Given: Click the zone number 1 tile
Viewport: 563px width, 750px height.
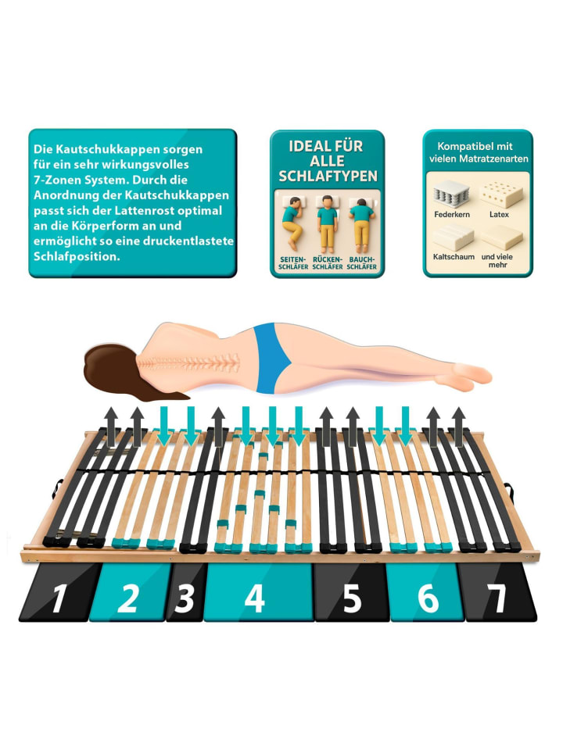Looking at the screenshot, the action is tap(59, 592).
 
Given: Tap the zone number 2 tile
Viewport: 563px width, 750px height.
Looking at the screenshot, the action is tap(129, 592).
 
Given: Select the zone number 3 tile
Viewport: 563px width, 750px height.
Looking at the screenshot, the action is tap(186, 592).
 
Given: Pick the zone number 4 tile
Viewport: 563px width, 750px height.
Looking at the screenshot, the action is tap(259, 592).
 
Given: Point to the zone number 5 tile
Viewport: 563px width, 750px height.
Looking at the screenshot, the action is tap(352, 592).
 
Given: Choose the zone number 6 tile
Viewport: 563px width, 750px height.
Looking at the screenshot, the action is tap(426, 592).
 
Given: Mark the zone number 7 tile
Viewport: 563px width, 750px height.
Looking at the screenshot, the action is tap(498, 592).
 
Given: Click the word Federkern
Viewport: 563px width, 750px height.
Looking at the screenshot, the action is tap(452, 214).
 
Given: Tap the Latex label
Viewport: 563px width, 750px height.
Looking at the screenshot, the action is tap(499, 214).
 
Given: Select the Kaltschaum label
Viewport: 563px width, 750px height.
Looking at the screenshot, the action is tap(454, 257).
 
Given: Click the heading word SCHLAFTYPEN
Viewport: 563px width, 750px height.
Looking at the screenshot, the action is tap(328, 177).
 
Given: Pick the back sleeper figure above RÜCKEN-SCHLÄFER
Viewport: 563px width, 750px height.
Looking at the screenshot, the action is tap(327, 223).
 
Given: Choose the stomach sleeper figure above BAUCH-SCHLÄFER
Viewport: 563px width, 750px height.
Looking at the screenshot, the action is tap(361, 223).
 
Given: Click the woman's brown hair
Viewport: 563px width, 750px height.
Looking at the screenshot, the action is tap(115, 370).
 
